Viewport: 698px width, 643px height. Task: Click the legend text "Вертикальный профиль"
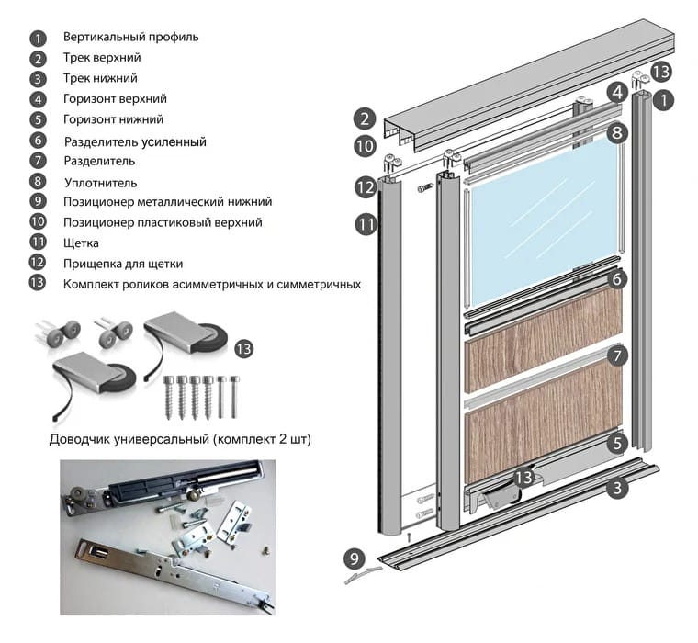coord(130,38)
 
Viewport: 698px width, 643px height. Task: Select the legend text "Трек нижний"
coord(101,78)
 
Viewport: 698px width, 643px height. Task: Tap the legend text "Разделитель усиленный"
coord(135,141)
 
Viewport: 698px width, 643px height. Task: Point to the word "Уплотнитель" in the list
coord(100,182)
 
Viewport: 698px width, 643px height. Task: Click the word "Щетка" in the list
coord(81,243)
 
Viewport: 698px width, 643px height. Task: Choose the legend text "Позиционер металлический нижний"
coord(167,202)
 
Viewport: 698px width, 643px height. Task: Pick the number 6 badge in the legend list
coord(38,141)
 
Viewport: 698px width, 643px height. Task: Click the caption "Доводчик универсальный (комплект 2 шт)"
coord(180,439)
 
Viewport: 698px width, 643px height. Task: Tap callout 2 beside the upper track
coord(365,118)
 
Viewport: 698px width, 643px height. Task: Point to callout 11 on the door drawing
coord(366,223)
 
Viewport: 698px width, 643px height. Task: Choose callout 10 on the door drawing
coord(365,145)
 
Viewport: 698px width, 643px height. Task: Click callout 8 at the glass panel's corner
coord(618,132)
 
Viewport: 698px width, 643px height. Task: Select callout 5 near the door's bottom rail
coord(619,443)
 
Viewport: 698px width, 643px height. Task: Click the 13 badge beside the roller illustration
coord(243,348)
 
